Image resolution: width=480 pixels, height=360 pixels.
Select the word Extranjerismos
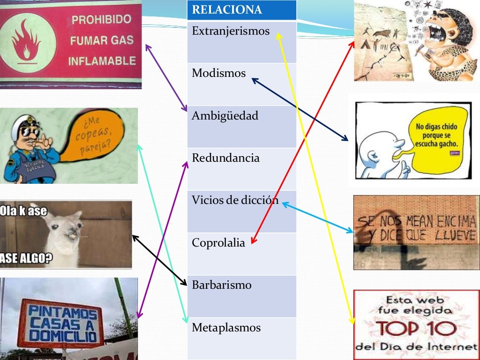point(231,31)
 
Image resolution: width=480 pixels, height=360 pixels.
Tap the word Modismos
point(218,74)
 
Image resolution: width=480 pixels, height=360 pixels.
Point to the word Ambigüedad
point(225,116)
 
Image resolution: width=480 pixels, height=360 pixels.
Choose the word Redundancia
point(225,158)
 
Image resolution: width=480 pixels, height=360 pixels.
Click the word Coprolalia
point(218,243)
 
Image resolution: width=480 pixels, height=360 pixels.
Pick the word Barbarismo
point(222,285)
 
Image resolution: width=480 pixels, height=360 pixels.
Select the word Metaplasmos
point(226,328)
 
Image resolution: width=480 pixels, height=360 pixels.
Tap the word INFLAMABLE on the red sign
point(102,61)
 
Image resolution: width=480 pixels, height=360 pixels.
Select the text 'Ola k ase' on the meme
point(24,211)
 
